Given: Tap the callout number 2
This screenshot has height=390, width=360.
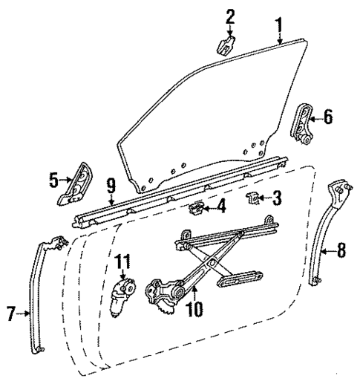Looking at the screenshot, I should pyautogui.click(x=230, y=16).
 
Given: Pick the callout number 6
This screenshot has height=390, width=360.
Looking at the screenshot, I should pyautogui.click(x=329, y=116).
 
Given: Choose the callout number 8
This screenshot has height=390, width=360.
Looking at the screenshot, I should pyautogui.click(x=341, y=250).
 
